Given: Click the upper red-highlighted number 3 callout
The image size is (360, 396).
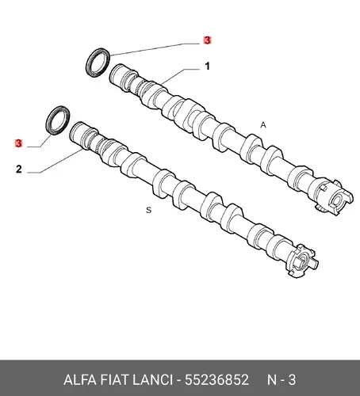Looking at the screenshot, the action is (x=208, y=40).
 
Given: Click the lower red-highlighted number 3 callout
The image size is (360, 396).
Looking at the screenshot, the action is (x=18, y=143).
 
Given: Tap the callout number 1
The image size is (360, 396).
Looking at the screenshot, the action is (x=208, y=66).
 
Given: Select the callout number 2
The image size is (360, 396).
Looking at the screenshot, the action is (x=18, y=169).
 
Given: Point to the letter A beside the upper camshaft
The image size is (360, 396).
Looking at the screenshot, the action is (x=263, y=125).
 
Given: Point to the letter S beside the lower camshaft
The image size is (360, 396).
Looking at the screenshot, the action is (x=149, y=210).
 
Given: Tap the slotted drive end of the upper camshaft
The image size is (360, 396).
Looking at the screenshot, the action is (x=333, y=196).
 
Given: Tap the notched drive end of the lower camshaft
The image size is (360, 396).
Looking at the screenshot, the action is (x=301, y=261).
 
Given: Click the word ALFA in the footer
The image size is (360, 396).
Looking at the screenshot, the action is (x=80, y=380).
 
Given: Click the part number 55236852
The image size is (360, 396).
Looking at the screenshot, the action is (x=216, y=380).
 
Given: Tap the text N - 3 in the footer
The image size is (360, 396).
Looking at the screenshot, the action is (x=281, y=380).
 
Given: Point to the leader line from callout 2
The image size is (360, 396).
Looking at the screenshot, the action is (x=55, y=162).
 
